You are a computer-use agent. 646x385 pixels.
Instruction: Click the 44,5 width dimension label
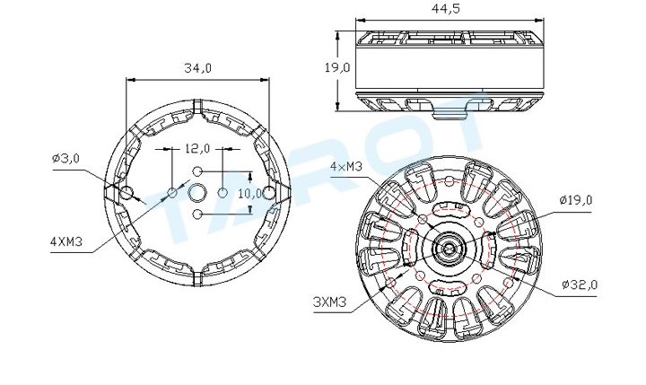(446, 9)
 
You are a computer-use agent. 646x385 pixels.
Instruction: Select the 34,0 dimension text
(197, 68)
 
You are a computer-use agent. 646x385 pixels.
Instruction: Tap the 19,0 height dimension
(337, 67)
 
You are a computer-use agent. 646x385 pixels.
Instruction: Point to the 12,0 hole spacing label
(196, 148)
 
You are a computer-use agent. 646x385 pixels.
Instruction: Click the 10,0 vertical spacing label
(250, 193)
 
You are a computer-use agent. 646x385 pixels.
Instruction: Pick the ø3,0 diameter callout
(65, 158)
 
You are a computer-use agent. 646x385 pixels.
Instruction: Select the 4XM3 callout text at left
(66, 241)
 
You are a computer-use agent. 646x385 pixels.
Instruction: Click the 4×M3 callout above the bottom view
(346, 167)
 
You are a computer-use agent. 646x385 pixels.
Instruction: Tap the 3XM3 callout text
(330, 302)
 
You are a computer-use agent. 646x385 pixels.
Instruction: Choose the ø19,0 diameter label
(575, 200)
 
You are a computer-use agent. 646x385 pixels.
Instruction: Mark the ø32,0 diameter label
(580, 284)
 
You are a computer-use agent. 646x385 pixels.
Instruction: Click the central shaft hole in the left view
(197, 192)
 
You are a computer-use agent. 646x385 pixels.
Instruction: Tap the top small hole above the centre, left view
(197, 171)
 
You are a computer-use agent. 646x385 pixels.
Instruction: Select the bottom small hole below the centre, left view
(197, 214)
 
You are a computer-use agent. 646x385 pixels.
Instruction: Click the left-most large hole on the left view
(127, 192)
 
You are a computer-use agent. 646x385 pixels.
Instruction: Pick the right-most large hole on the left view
(268, 192)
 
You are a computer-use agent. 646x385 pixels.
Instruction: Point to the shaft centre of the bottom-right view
(449, 249)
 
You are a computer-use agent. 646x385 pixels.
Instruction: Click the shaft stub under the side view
(450, 113)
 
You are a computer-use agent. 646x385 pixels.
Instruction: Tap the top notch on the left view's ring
(197, 106)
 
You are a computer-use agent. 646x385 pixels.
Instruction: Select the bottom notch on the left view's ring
(197, 279)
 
